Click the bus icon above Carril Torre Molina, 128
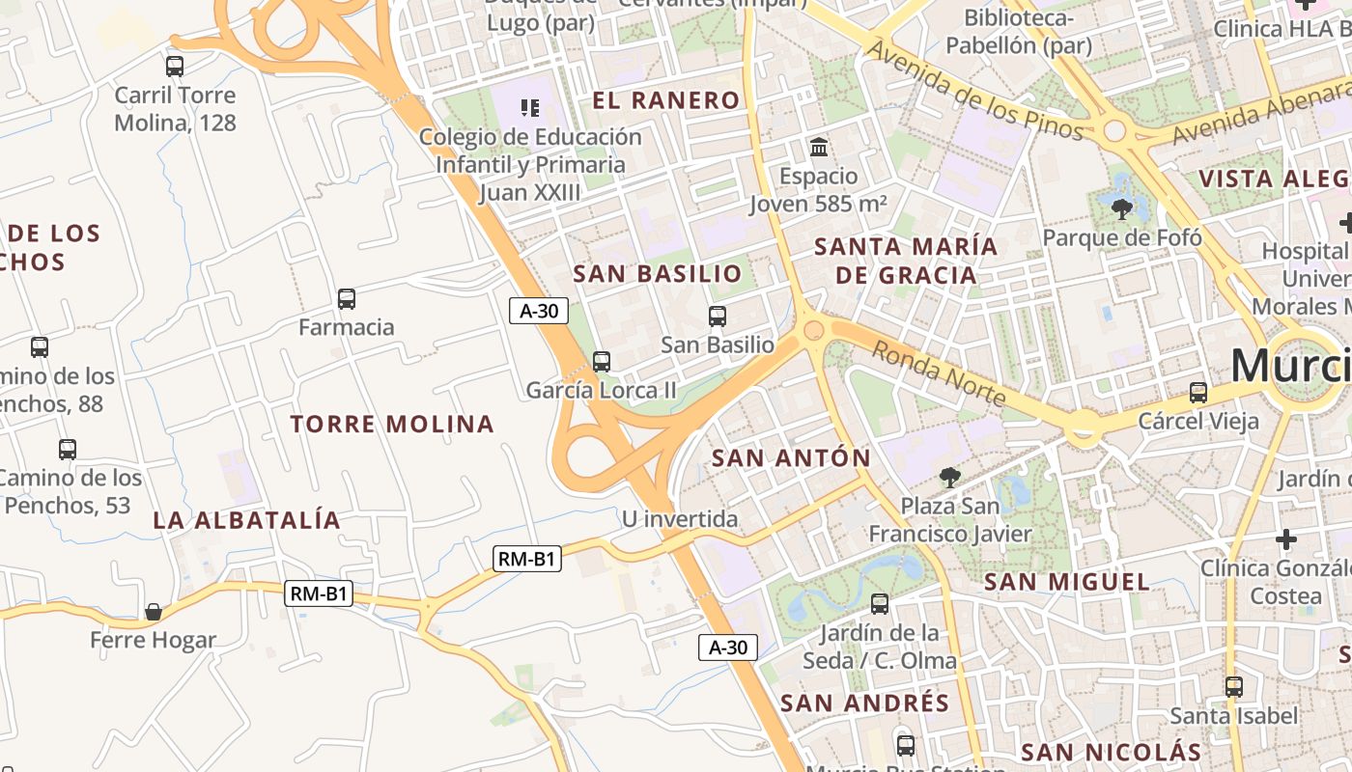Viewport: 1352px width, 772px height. point(175,67)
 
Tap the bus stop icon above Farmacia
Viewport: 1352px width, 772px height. point(347,299)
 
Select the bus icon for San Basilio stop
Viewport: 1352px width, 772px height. point(718,316)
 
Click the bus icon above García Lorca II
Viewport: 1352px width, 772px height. point(602,362)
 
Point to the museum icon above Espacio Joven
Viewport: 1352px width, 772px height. point(819,148)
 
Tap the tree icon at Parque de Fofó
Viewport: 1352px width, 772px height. point(1122,208)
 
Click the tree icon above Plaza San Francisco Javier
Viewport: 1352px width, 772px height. point(950,477)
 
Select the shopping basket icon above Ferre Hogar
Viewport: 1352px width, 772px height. point(153,612)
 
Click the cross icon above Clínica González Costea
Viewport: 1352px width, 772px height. point(1286,538)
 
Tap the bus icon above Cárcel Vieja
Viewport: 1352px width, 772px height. point(1198,392)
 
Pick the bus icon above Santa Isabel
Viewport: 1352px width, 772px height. point(1234,687)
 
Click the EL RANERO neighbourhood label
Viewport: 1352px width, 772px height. point(666,100)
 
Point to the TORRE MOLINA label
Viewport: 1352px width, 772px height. point(392,424)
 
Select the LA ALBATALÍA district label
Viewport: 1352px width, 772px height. point(247,520)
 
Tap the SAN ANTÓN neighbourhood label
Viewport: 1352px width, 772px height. point(791,457)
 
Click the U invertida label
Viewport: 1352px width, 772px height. point(680,519)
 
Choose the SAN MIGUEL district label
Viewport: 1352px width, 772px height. point(1067,582)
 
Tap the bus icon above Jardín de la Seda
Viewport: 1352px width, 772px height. point(880,604)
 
